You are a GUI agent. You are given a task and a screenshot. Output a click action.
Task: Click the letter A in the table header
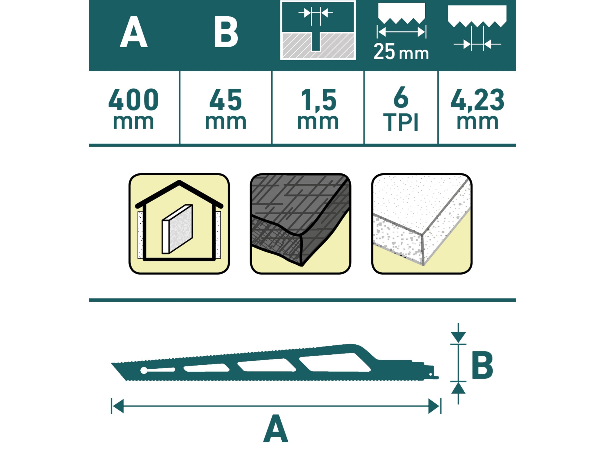[x=134, y=32]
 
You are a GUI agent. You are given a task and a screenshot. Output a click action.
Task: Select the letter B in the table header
[x=226, y=32]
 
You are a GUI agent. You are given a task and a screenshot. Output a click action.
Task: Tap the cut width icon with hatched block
[x=318, y=30]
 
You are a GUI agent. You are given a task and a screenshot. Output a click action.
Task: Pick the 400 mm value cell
[x=133, y=108]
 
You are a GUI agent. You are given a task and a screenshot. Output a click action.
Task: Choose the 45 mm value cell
[x=226, y=108]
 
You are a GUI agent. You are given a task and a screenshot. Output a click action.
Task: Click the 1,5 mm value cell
[x=318, y=108]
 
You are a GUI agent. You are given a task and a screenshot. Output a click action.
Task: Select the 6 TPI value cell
[x=401, y=108]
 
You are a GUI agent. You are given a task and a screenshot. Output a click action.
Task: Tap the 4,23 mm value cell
[x=477, y=108]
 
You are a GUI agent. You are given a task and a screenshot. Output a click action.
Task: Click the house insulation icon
[x=179, y=224]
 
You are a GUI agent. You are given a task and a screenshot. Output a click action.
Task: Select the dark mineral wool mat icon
[x=300, y=224]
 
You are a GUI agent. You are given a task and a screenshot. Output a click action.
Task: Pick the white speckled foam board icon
[x=422, y=224]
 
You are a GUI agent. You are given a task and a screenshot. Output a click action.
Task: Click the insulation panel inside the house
[x=177, y=229]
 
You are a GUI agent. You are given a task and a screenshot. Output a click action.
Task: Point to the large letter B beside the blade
[x=482, y=365]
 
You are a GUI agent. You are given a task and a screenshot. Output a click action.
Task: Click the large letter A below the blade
[x=276, y=428]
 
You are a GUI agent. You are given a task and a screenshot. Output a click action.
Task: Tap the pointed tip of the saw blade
[x=112, y=363]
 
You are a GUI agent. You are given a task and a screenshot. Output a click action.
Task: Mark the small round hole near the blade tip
[x=144, y=370]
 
